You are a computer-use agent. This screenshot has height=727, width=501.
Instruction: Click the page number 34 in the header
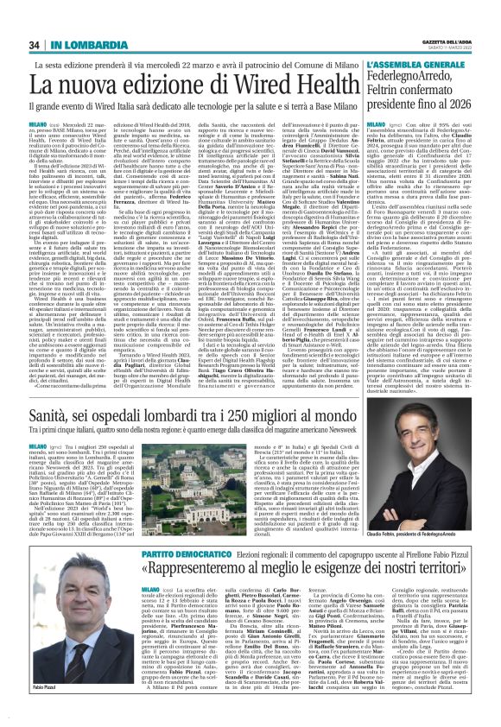34,20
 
